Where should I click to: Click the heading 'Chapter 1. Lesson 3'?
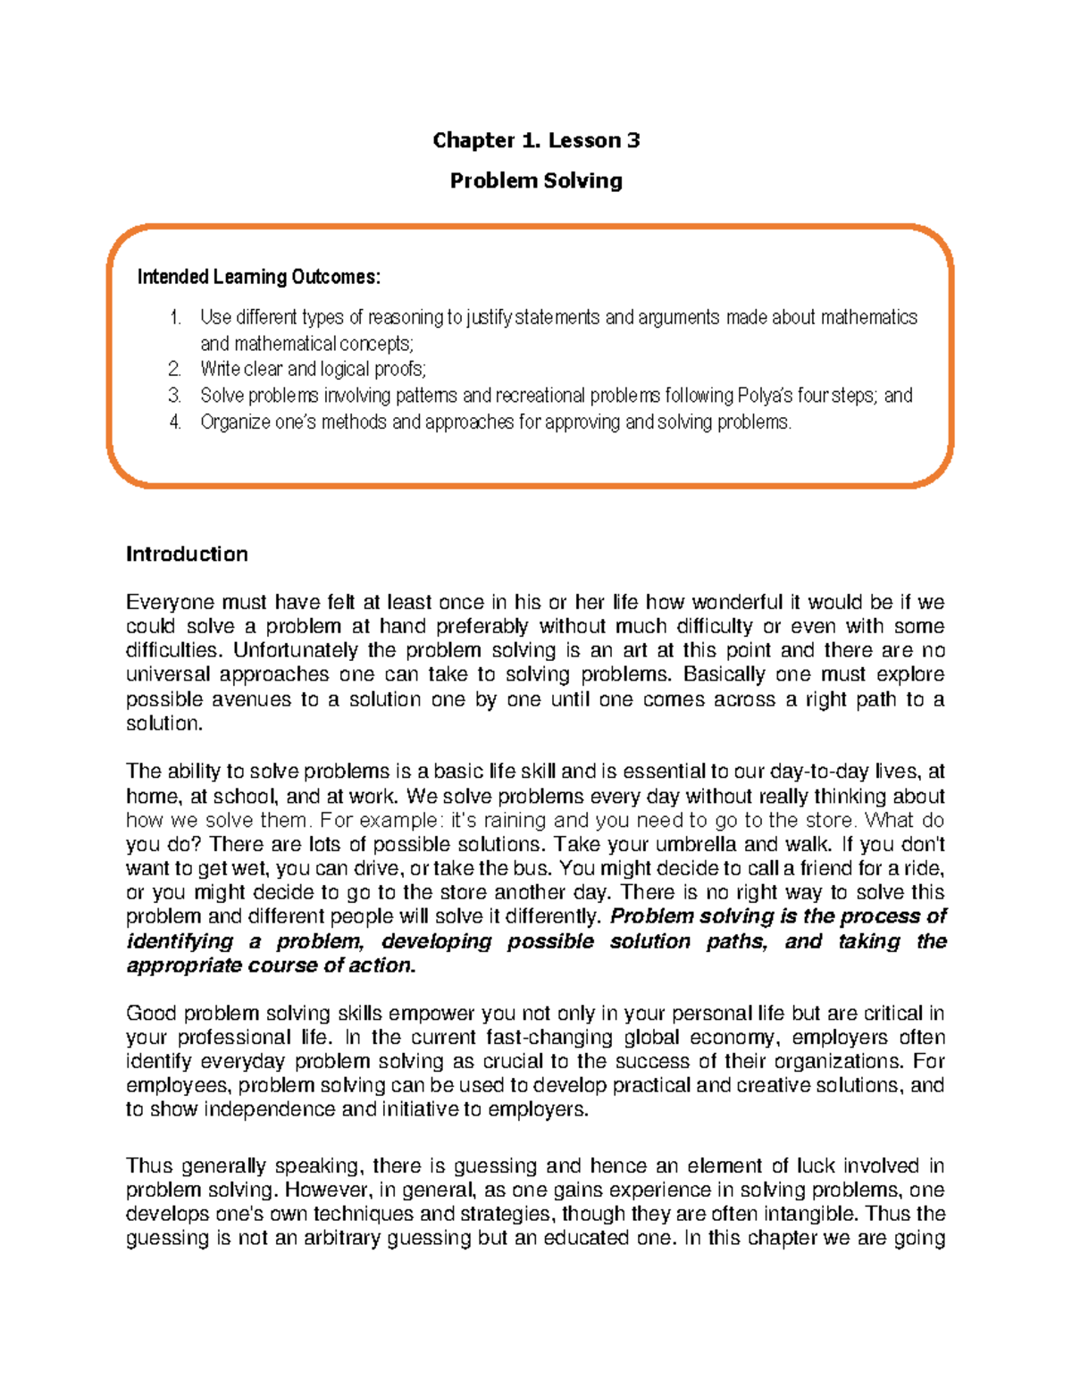pos(536,140)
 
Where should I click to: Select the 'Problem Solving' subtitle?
pos(536,180)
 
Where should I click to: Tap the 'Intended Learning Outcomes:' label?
pos(259,277)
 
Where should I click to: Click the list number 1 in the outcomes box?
pos(175,317)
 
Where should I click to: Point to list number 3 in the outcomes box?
pos(175,396)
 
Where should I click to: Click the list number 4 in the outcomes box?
pos(175,422)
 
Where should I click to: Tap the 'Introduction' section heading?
pos(187,554)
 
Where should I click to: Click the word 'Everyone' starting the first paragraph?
pos(168,602)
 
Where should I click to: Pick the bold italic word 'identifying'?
pos(180,941)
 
